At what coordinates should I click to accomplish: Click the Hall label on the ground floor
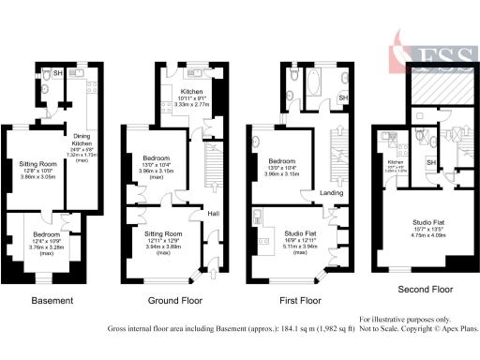[214, 213]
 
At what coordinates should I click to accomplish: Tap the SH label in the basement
[58, 73]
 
